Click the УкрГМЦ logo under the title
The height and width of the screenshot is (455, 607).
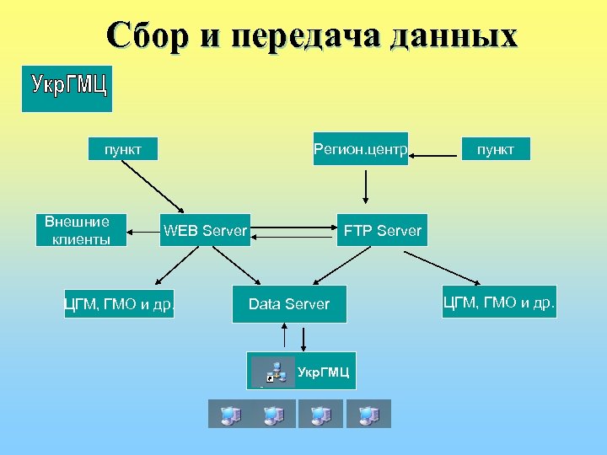pos(67,88)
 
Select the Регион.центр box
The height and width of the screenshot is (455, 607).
pos(360,149)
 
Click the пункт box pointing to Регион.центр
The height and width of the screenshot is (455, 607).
pos(495,149)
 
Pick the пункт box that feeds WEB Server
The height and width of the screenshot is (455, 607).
pos(122,149)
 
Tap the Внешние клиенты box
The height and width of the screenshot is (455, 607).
pos(77,230)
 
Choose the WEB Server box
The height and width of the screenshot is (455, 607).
pos(205,230)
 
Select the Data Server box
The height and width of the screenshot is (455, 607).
pos(288,304)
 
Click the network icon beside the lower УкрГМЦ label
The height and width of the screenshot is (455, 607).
pos(274,371)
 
